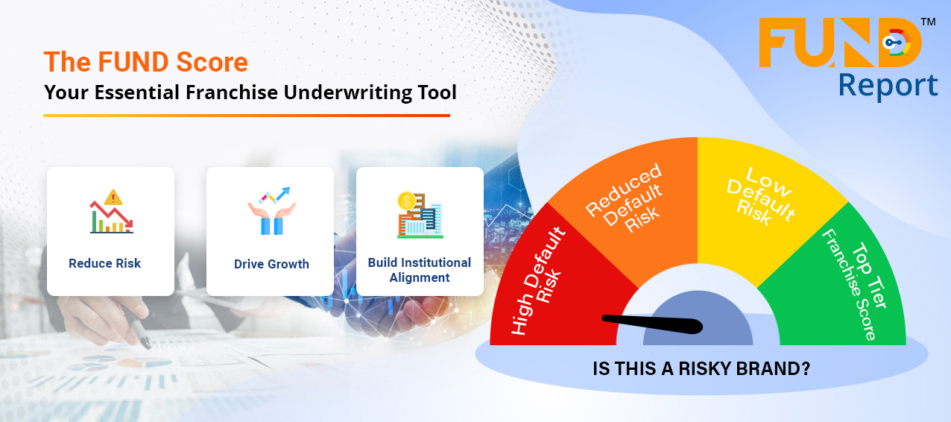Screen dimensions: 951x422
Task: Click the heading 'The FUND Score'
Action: (145, 62)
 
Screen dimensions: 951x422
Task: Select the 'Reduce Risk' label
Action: (104, 263)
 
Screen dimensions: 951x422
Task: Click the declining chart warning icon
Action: (112, 211)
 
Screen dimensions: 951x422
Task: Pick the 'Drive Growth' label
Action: (271, 264)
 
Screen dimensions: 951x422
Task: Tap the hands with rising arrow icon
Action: (272, 210)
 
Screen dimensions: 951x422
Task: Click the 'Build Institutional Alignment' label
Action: (420, 270)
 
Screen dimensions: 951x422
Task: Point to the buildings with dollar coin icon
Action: (420, 215)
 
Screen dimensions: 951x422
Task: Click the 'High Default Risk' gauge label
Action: (538, 282)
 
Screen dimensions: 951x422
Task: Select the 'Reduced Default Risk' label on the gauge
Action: (625, 198)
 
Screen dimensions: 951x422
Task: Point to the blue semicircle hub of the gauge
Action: (698, 318)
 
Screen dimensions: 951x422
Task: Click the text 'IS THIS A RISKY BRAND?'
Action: (701, 368)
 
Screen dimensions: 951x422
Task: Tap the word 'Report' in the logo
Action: (888, 86)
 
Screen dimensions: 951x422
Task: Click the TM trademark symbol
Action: (928, 22)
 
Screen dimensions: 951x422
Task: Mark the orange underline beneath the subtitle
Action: (247, 115)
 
